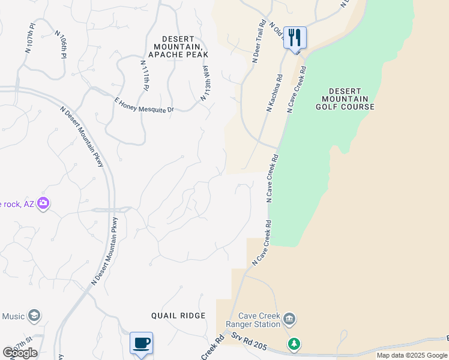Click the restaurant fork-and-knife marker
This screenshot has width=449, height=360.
[295, 38]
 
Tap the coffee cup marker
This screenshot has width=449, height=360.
[141, 343]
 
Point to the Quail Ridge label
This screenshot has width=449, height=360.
[178, 316]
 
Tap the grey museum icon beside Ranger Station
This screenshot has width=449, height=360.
[289, 318]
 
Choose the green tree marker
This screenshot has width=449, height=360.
[294, 344]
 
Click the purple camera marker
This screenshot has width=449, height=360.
[43, 204]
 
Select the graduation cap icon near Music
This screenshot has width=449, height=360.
[35, 316]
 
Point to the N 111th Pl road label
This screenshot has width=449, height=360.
[144, 75]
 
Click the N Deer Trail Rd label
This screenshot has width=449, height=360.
[259, 42]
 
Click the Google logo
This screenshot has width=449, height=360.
[20, 353]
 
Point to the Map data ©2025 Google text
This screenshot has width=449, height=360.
[412, 355]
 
